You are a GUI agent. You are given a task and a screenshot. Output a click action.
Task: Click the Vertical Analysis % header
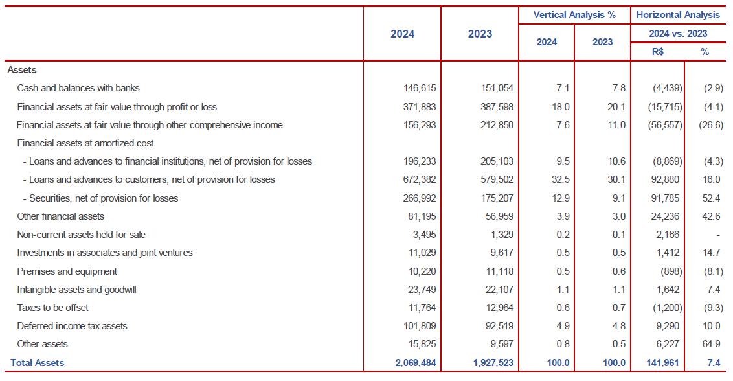coord(574,14)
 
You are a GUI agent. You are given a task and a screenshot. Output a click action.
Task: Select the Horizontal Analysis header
coord(678,14)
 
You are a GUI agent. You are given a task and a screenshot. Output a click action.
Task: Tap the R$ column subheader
coord(659,51)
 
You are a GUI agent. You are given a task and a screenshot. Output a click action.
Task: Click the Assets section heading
coord(22,69)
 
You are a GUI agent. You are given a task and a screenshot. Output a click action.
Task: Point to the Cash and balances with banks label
coord(78,88)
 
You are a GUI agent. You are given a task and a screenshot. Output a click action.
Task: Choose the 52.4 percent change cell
coord(714,198)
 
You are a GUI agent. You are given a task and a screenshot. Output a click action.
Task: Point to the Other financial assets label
coord(61,216)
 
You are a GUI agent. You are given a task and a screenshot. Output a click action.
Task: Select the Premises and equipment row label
coord(67,271)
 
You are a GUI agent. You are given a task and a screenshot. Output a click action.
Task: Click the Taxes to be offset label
coord(53,308)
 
